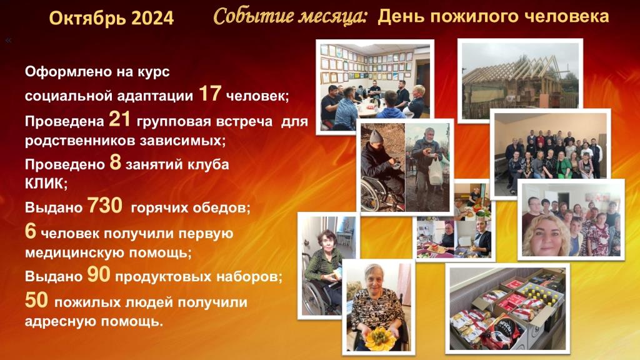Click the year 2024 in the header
pyautogui.click(x=152, y=17)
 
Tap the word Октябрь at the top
pyautogui.click(x=87, y=18)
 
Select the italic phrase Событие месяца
pyautogui.click(x=291, y=17)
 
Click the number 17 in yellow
pyautogui.click(x=210, y=93)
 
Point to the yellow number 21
pyautogui.click(x=119, y=119)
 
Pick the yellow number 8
pyautogui.click(x=116, y=162)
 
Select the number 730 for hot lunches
pyautogui.click(x=105, y=205)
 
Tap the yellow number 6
pyautogui.click(x=31, y=231)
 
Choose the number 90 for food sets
pyautogui.click(x=99, y=274)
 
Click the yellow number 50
pyautogui.click(x=36, y=300)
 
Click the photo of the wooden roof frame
pyautogui.click(x=520, y=81)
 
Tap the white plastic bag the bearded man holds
pyautogui.click(x=436, y=171)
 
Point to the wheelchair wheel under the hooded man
pyautogui.click(x=372, y=195)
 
